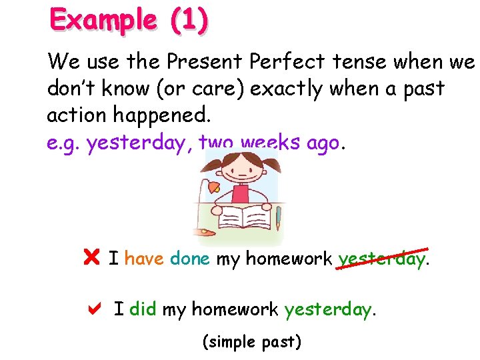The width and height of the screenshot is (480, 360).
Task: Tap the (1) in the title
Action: [189, 21]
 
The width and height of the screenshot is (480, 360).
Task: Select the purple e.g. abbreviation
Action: [63, 142]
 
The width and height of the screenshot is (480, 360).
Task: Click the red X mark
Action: [92, 257]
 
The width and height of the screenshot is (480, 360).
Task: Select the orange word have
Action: [144, 257]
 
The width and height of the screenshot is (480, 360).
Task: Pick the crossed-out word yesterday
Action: [381, 258]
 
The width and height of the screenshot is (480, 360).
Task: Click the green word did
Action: [143, 309]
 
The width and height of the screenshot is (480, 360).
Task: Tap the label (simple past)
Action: [251, 342]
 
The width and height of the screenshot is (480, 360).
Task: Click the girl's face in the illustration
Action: [239, 169]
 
